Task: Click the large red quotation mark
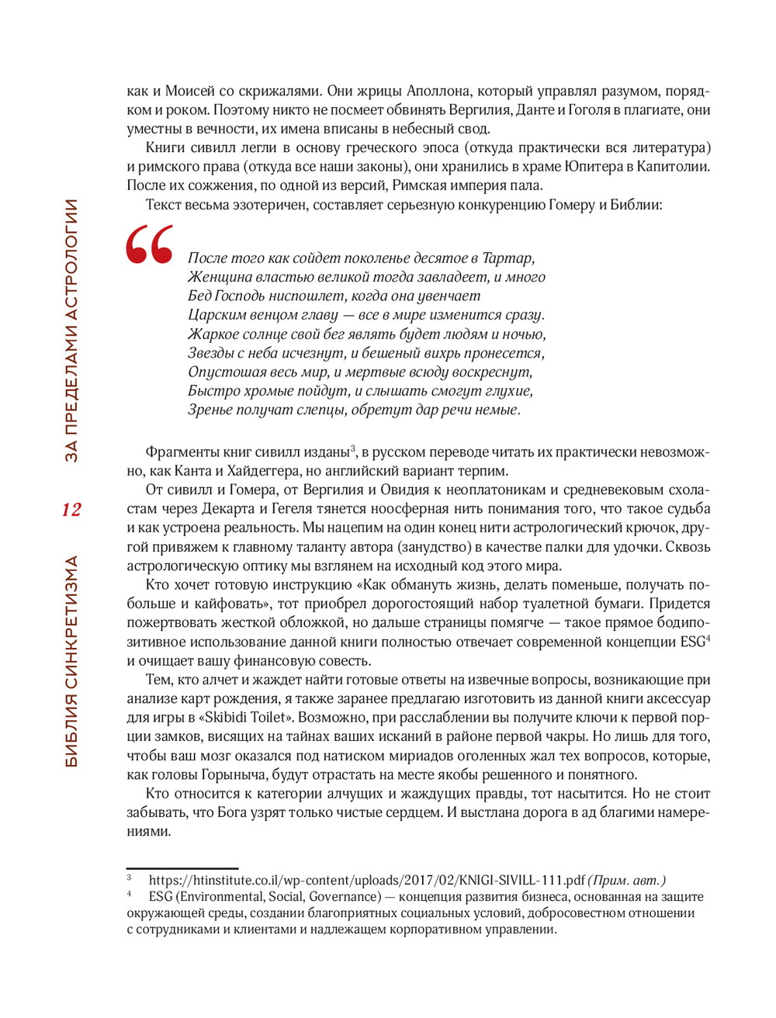pos(150,245)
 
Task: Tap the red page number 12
pos(71,510)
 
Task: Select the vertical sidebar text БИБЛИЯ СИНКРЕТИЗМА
pos(71,661)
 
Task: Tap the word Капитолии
pos(673,166)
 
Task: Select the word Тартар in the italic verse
pos(507,258)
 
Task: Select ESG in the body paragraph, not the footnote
pos(693,642)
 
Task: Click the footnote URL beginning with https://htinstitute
pos(366,881)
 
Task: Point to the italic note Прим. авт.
pos(626,881)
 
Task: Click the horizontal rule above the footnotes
pos(182,868)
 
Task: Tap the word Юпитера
pos(594,166)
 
